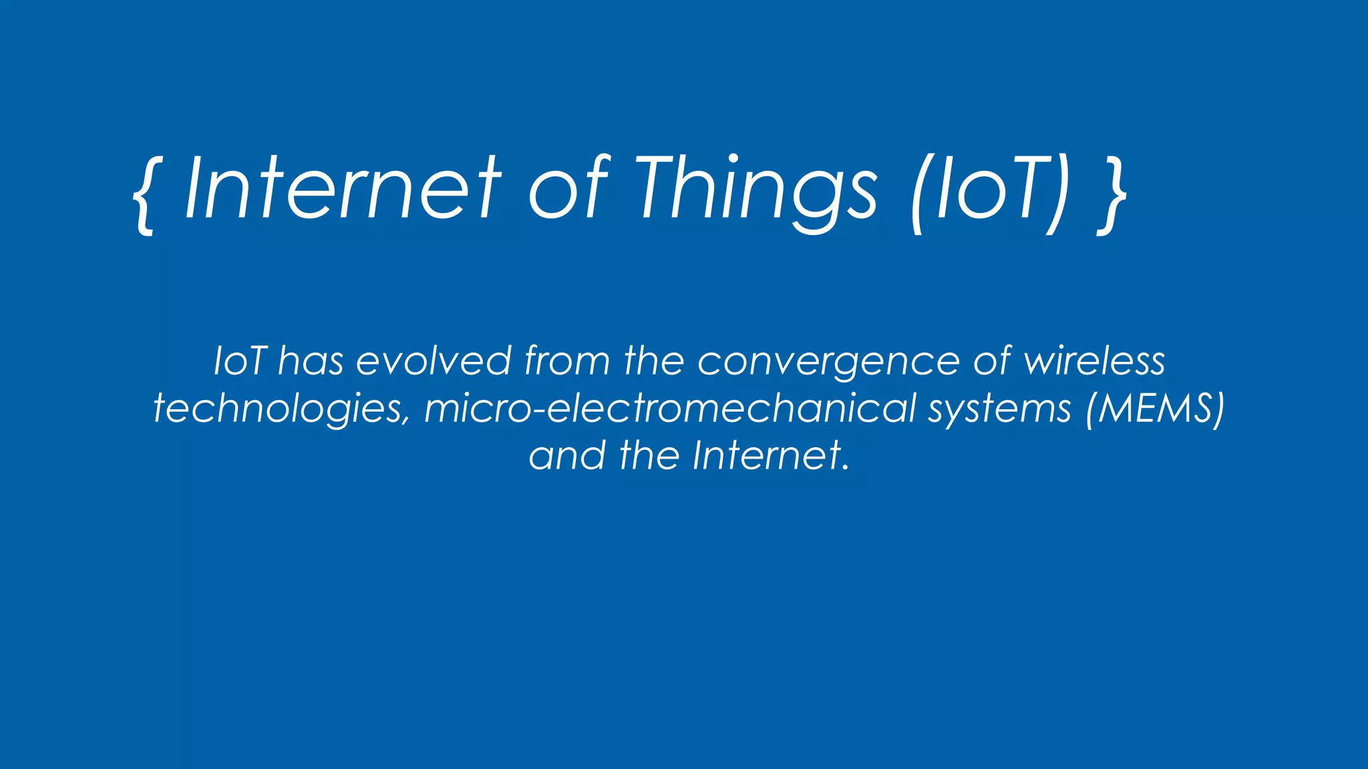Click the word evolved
(434, 361)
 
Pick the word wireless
(1095, 361)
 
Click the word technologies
(278, 409)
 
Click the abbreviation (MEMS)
(1156, 408)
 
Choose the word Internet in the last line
(766, 455)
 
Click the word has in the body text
(311, 361)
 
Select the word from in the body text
(567, 361)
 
